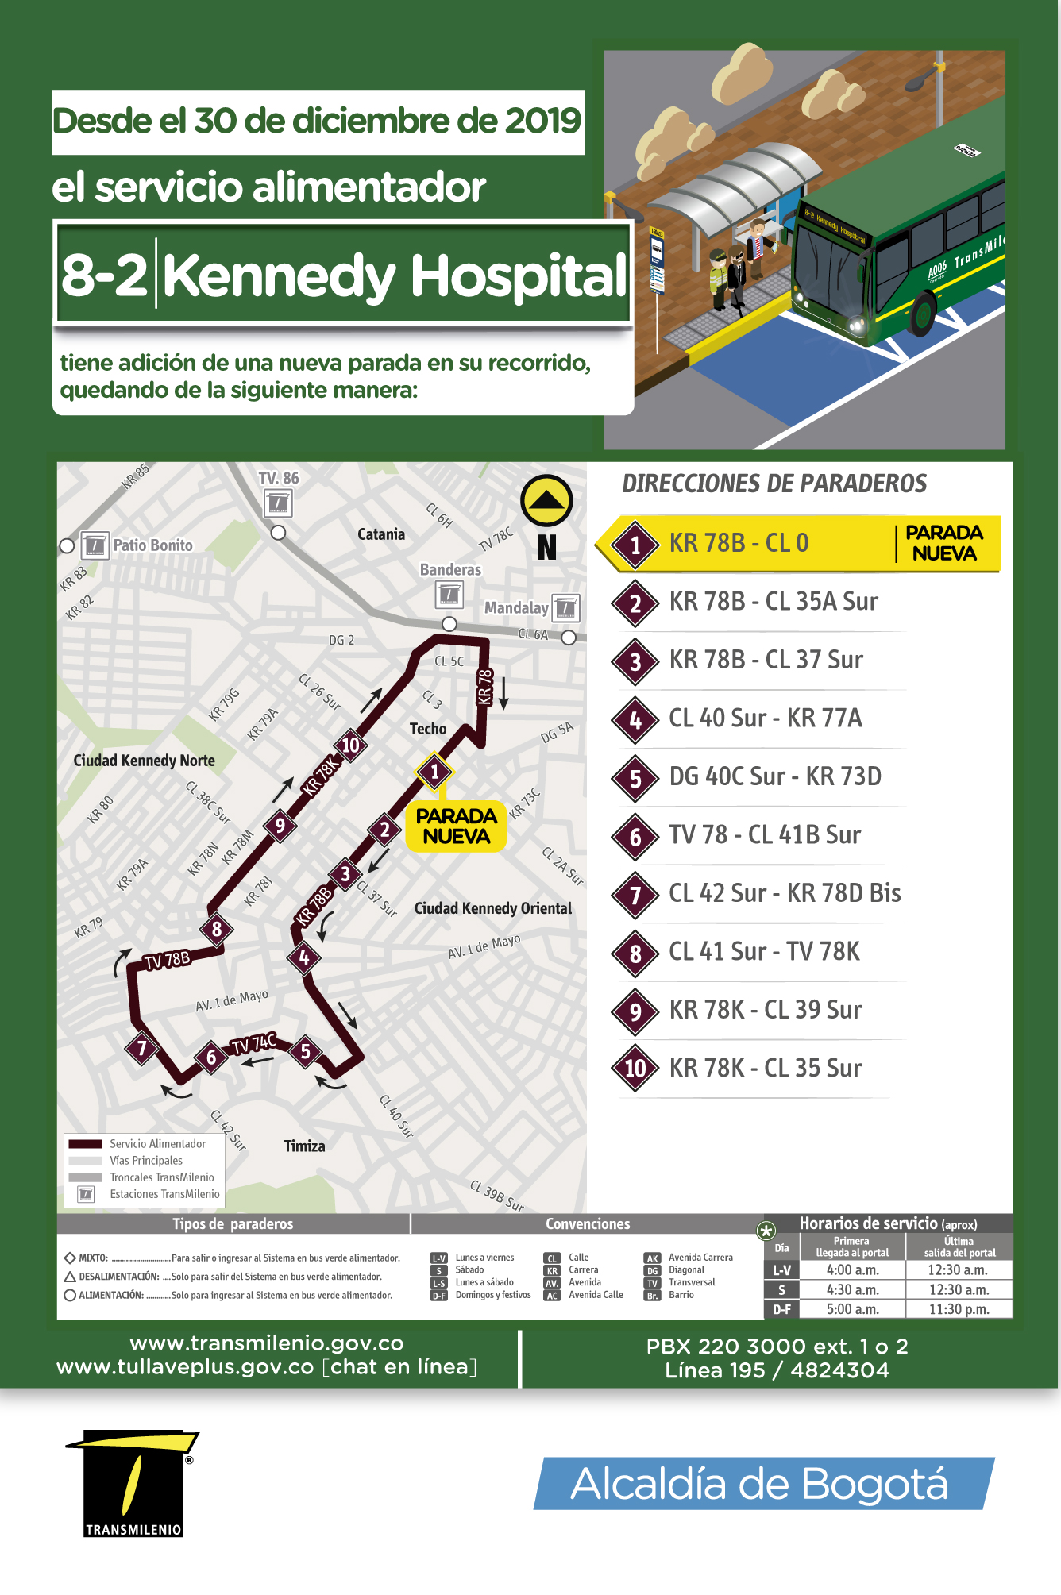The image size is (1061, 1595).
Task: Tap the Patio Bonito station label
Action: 152,545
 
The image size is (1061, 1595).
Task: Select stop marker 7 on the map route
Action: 142,1048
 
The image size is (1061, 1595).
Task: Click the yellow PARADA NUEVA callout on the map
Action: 456,826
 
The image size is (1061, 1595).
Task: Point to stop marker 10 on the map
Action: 350,745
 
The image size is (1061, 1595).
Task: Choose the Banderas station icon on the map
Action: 449,595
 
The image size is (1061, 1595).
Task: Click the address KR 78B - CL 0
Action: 739,543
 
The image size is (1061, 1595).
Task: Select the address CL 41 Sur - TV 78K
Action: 764,951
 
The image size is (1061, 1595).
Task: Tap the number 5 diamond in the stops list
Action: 635,778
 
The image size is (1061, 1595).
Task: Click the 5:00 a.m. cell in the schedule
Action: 853,1309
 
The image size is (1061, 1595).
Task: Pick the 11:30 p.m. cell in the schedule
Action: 959,1309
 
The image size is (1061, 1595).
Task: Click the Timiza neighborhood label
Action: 304,1146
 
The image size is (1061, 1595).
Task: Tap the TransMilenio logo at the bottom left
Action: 133,1483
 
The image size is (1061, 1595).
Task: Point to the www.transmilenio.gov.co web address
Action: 267,1343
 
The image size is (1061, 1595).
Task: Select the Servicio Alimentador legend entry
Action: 157,1144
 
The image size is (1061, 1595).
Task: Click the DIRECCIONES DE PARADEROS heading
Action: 774,484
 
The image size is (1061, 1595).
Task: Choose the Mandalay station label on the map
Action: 516,607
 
